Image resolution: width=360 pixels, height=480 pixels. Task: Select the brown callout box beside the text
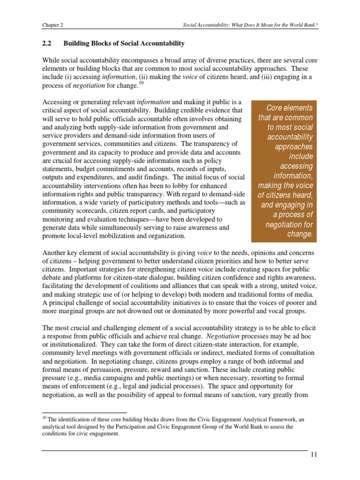(284, 171)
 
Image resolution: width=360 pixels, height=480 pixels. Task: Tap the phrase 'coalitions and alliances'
(162, 285)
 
